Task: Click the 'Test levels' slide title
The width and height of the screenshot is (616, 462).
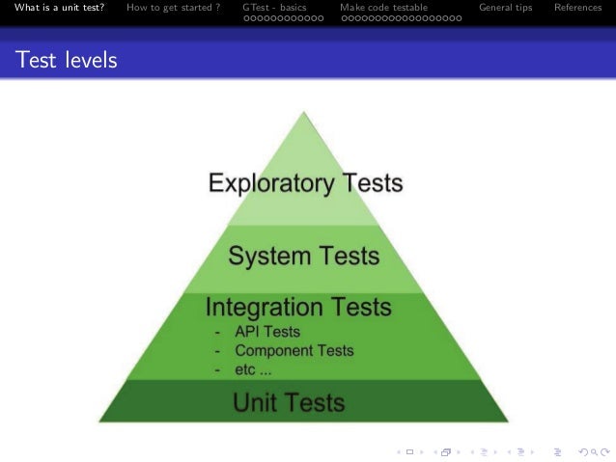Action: (x=66, y=61)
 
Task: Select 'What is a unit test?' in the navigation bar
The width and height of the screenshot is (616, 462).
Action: (x=59, y=9)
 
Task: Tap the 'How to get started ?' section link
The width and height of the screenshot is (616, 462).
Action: (x=173, y=9)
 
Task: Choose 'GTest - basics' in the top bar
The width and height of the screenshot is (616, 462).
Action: (x=275, y=9)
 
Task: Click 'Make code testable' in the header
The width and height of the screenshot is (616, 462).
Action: (x=383, y=9)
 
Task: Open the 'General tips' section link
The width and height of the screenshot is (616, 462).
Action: (x=506, y=9)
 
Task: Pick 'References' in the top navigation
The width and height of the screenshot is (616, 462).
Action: (x=578, y=9)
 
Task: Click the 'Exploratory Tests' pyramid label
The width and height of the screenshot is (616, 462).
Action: (x=306, y=182)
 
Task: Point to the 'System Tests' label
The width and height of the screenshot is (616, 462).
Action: (x=304, y=257)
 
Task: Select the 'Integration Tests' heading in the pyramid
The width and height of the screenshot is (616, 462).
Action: (x=299, y=308)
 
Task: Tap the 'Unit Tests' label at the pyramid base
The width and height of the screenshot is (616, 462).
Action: (x=289, y=401)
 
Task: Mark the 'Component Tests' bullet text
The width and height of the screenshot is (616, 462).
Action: (x=294, y=351)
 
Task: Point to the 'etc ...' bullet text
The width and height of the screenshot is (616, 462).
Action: (x=253, y=369)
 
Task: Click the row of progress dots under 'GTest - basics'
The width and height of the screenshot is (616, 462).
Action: (x=284, y=18)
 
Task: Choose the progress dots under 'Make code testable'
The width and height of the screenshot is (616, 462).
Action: (x=401, y=18)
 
